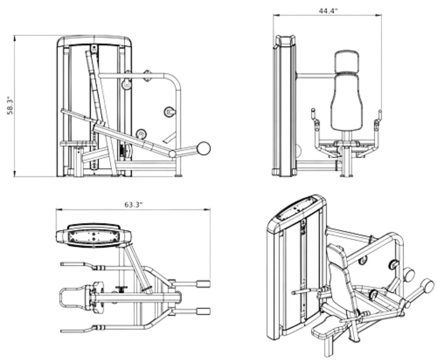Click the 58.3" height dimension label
[10, 106]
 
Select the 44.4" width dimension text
[328, 11]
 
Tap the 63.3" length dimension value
[133, 205]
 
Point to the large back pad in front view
[347, 103]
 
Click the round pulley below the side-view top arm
[127, 84]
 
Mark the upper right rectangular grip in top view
[203, 284]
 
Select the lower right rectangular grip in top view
[203, 311]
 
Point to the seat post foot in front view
[347, 175]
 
